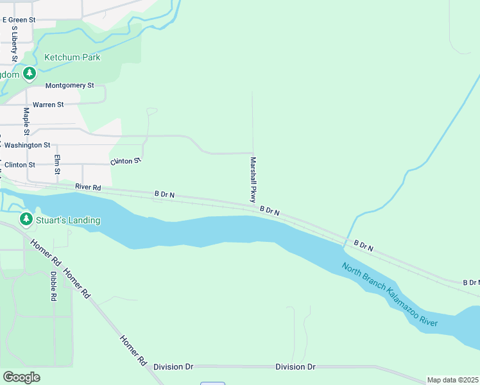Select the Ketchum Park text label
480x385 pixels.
click(x=72, y=57)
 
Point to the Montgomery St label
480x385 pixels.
click(x=69, y=85)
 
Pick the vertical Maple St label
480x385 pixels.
click(x=26, y=121)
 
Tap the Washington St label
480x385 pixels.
click(x=27, y=146)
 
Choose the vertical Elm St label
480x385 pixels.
click(x=57, y=165)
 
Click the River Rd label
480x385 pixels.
click(x=88, y=187)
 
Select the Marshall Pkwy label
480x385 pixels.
click(x=253, y=180)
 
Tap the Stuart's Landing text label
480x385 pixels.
click(x=69, y=220)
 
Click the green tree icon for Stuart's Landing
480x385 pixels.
click(x=26, y=220)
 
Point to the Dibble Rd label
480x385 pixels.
click(x=53, y=286)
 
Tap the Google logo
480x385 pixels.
click(x=21, y=377)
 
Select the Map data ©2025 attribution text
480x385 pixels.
click(x=452, y=380)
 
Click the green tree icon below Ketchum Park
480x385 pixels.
click(x=29, y=74)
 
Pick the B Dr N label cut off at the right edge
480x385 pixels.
click(x=471, y=282)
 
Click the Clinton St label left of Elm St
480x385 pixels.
click(x=19, y=165)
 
